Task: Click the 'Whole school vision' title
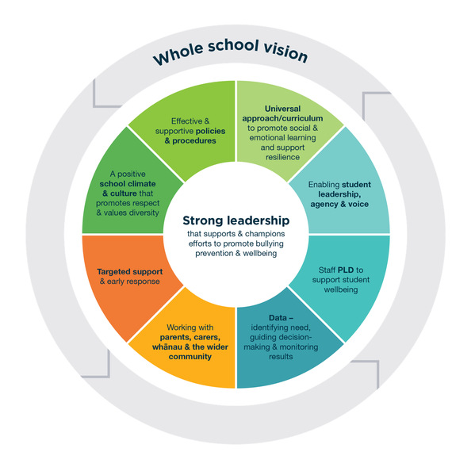230,52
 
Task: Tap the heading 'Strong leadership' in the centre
236,220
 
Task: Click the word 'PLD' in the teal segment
346,270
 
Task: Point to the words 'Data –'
281,318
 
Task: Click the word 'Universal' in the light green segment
282,109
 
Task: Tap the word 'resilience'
282,157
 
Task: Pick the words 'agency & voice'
339,204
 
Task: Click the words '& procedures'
190,141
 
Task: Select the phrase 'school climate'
128,184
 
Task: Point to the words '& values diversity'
128,213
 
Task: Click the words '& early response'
130,282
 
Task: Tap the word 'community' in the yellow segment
190,357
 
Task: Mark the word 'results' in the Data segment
281,357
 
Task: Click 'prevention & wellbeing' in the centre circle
236,253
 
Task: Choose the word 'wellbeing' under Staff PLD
341,289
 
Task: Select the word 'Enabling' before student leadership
324,185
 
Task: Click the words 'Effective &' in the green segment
190,121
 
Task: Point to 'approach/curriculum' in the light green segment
282,118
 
